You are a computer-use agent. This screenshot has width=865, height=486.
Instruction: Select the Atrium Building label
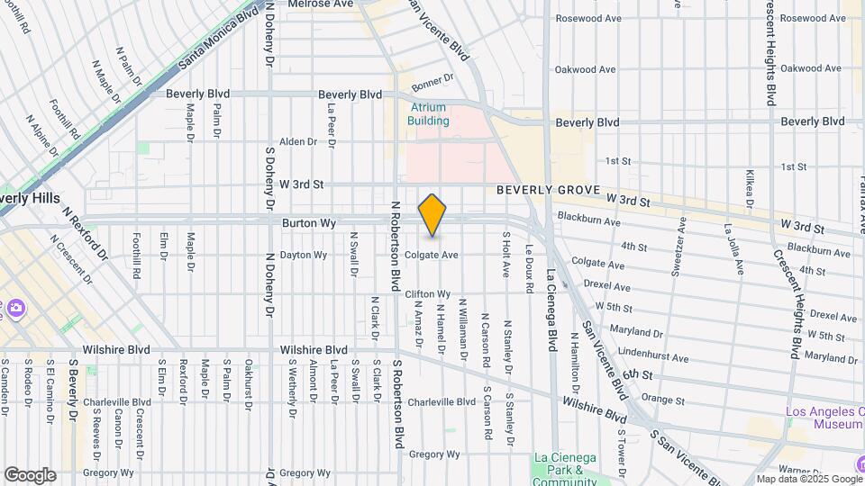pyautogui.click(x=428, y=113)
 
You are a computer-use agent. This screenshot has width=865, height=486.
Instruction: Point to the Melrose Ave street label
pyautogui.click(x=321, y=4)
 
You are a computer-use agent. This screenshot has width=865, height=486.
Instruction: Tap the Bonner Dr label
pyautogui.click(x=429, y=84)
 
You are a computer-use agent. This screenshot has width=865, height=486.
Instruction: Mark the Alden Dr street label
pyautogui.click(x=298, y=141)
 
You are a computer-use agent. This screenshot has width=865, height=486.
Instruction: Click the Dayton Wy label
pyautogui.click(x=303, y=255)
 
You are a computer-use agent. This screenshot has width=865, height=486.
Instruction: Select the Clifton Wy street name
pyautogui.click(x=428, y=294)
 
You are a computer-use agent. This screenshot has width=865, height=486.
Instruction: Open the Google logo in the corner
pyautogui.click(x=30, y=474)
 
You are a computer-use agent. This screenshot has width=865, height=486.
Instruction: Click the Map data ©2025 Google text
pyautogui.click(x=807, y=479)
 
